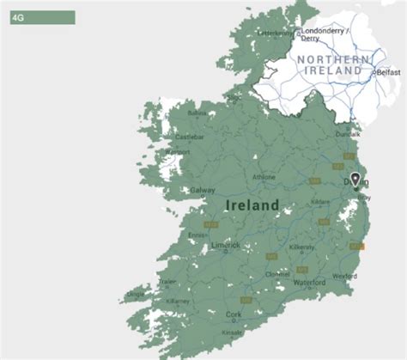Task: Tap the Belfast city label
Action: (x=388, y=73)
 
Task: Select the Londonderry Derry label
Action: (x=323, y=34)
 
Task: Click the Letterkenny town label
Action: (x=276, y=34)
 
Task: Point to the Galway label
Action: (x=203, y=190)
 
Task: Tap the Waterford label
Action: (x=309, y=283)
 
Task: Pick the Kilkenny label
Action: (x=301, y=247)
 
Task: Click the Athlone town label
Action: (x=264, y=178)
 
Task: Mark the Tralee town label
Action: (x=166, y=282)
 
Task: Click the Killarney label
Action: (x=179, y=302)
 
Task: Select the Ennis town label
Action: (x=197, y=235)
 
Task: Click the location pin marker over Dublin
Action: (x=355, y=180)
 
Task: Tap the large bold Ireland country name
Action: (x=252, y=205)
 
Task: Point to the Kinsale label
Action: (x=232, y=332)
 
